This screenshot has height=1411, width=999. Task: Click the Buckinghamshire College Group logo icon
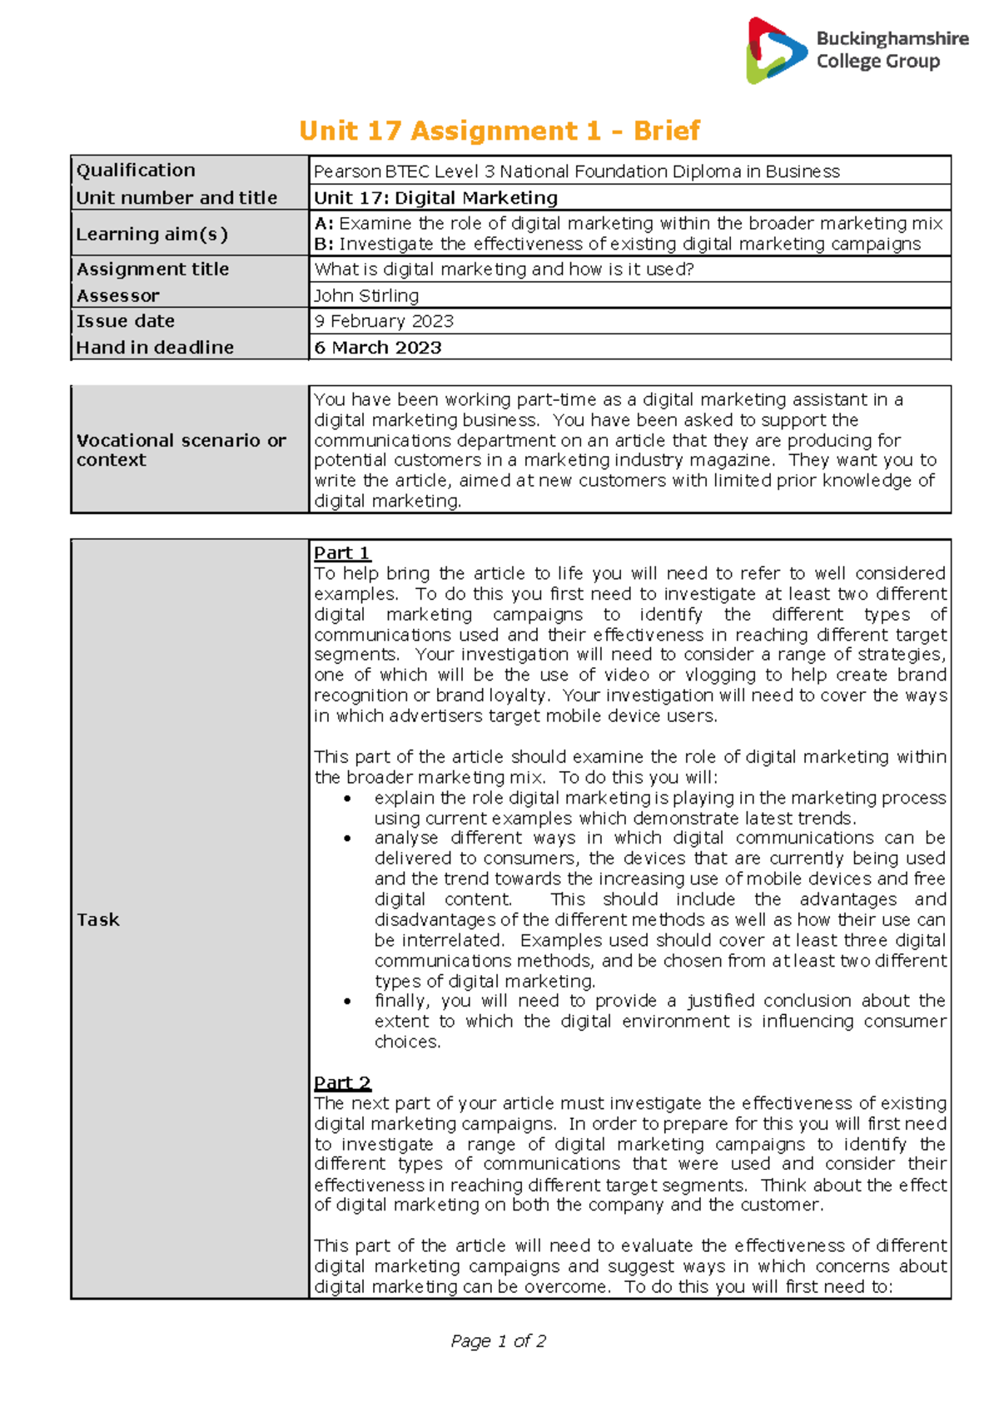tap(776, 52)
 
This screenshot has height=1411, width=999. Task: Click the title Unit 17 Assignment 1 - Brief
tap(499, 131)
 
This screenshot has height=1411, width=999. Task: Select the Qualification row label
tap(136, 171)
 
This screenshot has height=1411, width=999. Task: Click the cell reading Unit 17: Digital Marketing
tap(435, 198)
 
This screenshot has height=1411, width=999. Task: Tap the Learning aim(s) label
tap(152, 234)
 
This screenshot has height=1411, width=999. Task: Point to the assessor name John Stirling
tap(366, 295)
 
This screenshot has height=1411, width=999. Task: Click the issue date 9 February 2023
tap(384, 321)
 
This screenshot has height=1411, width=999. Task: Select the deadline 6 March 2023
tap(378, 348)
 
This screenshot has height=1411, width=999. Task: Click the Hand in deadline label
tap(155, 348)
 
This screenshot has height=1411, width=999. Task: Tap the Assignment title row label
tap(152, 270)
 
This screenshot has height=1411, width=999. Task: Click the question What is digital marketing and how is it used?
tap(504, 270)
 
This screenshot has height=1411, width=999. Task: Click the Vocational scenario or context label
tap(181, 450)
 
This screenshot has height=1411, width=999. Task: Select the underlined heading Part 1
tap(341, 553)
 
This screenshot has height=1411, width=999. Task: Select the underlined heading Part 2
tap(342, 1083)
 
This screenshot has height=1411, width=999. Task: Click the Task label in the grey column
tap(98, 919)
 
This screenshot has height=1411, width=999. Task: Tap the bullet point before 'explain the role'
tap(347, 799)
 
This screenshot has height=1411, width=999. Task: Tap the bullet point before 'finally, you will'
tap(347, 1002)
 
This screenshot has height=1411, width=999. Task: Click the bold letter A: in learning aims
tap(324, 224)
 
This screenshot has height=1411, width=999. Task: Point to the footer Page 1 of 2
tap(498, 1341)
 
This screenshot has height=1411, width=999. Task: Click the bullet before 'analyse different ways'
tap(347, 839)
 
